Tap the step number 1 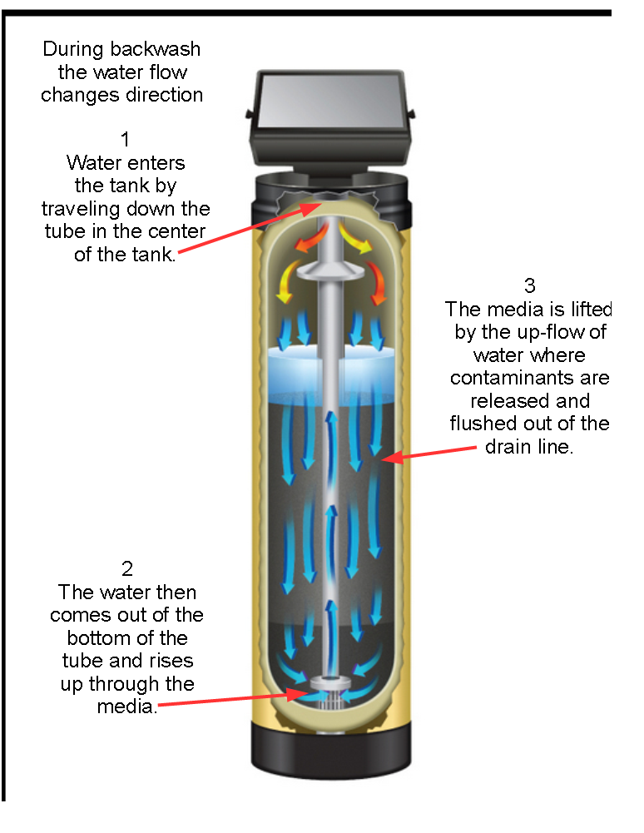pos(125,139)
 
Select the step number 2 pos(126,569)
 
